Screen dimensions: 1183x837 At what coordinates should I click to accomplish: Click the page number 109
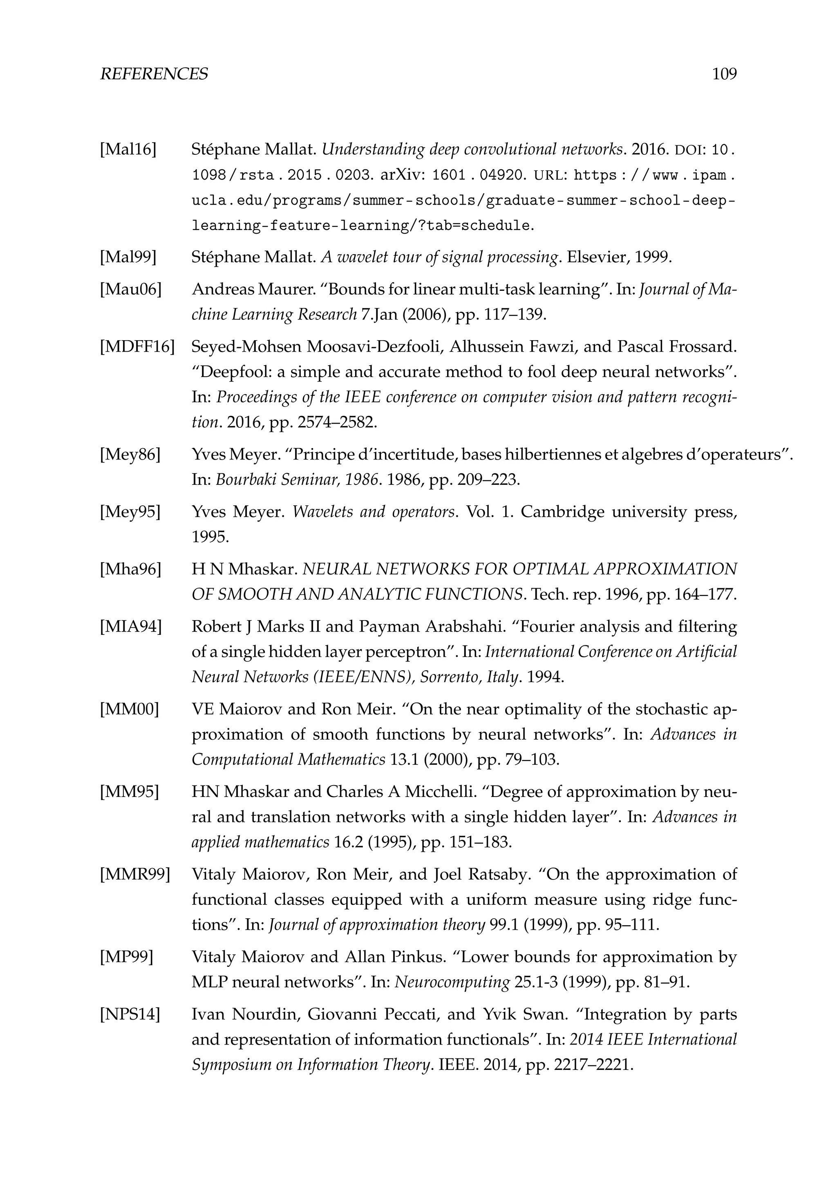724,74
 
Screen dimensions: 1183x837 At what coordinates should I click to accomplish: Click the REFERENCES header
154,74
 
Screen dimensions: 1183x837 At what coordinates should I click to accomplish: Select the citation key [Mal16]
128,150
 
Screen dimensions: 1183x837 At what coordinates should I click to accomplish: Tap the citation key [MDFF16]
137,347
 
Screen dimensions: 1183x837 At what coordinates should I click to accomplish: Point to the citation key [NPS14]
130,1015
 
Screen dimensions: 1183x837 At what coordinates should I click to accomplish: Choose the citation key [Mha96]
130,569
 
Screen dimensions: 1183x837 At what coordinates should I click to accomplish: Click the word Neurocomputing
452,982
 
